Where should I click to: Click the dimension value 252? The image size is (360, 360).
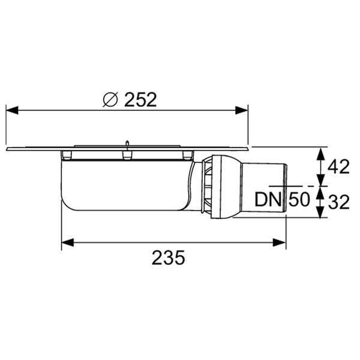(140, 100)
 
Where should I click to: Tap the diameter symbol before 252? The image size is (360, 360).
(110, 100)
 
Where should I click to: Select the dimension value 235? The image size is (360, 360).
(168, 257)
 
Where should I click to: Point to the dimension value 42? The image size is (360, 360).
(338, 167)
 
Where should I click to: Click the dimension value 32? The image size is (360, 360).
(338, 203)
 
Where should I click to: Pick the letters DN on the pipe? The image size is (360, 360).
(268, 200)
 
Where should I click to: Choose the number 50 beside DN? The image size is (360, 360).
(299, 200)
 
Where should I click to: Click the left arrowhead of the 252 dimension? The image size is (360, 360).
(12, 110)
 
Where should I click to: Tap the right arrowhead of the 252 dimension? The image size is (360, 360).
(242, 110)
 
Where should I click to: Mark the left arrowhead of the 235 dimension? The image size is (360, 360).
(68, 242)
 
